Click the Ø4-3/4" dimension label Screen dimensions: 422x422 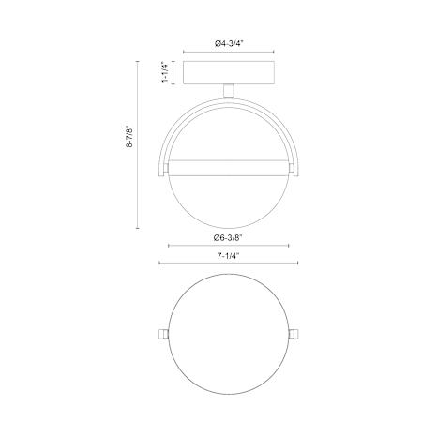click(x=229, y=44)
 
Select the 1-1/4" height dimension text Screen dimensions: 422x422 click(x=165, y=72)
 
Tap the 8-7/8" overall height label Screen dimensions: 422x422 click(x=129, y=136)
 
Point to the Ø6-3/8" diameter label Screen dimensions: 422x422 click(x=228, y=238)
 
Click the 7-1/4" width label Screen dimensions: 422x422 click(x=228, y=256)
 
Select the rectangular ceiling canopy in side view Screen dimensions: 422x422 click(x=229, y=73)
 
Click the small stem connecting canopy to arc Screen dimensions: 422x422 click(x=229, y=91)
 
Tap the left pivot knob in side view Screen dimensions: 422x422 click(x=166, y=168)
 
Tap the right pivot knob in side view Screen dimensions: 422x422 click(x=292, y=168)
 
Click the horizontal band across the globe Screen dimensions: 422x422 click(x=229, y=168)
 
